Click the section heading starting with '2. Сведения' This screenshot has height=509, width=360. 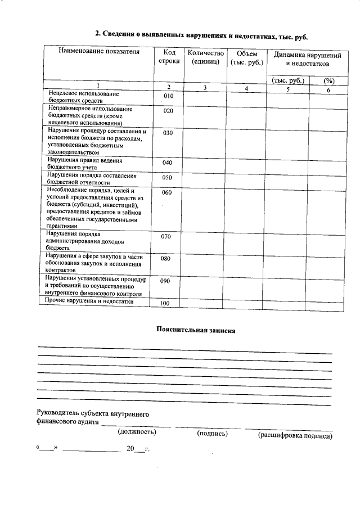(x=202, y=34)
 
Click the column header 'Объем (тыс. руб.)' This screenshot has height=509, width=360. (x=246, y=57)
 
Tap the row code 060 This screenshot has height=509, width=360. (x=166, y=192)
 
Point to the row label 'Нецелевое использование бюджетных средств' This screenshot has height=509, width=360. (x=84, y=96)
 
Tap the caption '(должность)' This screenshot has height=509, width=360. (x=137, y=433)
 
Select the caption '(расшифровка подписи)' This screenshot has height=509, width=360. (x=295, y=435)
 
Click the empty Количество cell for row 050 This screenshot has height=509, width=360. (x=203, y=179)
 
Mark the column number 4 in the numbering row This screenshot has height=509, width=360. (x=246, y=89)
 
